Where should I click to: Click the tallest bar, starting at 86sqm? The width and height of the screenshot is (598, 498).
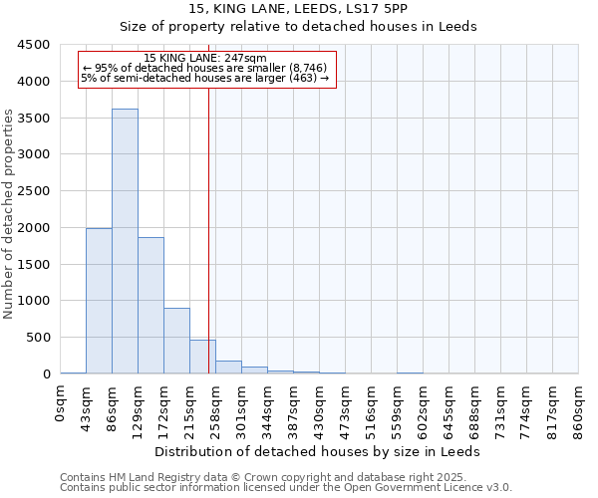(125, 241)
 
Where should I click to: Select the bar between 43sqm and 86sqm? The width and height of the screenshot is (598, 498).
(99, 301)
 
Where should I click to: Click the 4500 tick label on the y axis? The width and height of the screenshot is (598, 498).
(34, 45)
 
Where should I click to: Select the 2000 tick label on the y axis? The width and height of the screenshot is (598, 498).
(34, 228)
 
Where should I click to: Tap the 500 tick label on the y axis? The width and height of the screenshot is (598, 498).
(38, 338)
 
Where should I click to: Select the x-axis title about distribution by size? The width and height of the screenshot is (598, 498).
(318, 451)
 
